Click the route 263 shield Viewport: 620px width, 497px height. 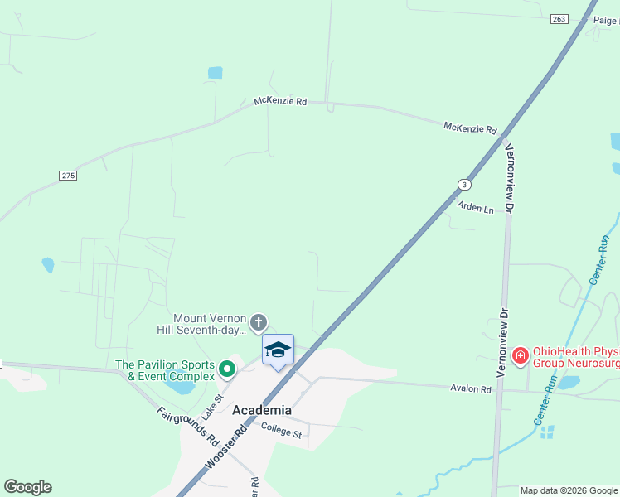[x=559, y=18]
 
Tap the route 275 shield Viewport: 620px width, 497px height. [x=68, y=176]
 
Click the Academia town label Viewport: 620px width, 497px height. [x=262, y=410]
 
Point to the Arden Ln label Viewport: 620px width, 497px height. [x=476, y=207]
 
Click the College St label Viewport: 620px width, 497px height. [x=283, y=428]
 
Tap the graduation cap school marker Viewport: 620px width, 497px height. [x=278, y=350]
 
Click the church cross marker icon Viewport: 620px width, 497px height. [x=259, y=322]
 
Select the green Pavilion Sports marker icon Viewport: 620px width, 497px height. [x=226, y=365]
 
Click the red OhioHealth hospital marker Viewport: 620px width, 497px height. [x=520, y=356]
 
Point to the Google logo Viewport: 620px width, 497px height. [x=27, y=487]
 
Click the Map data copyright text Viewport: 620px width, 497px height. [x=569, y=490]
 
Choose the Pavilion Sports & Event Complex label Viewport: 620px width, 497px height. [x=165, y=370]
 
